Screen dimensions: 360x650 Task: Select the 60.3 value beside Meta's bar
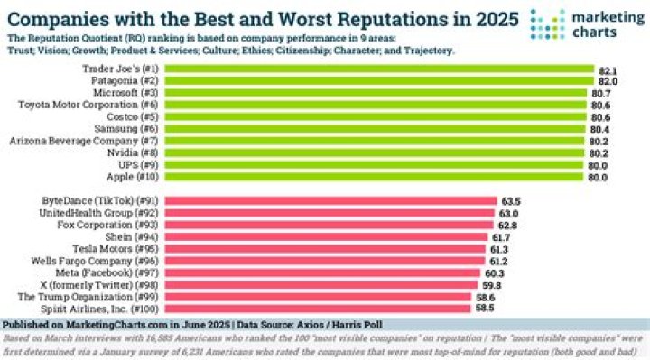tap(496, 272)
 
